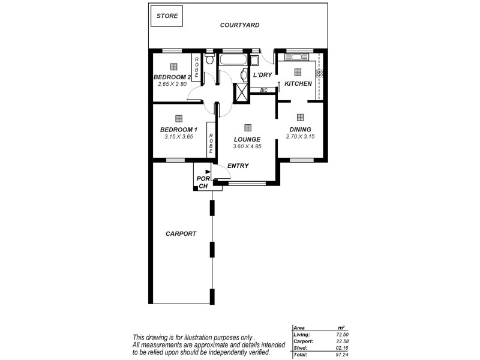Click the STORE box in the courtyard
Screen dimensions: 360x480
click(x=167, y=17)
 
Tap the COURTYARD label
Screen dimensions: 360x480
click(x=239, y=25)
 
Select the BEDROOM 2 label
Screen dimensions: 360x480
click(x=172, y=77)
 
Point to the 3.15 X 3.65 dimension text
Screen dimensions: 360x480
click(x=178, y=137)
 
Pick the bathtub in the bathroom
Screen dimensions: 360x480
click(x=232, y=59)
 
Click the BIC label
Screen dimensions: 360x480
click(x=264, y=90)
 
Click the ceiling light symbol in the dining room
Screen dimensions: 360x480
click(x=300, y=117)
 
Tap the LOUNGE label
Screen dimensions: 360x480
click(x=247, y=139)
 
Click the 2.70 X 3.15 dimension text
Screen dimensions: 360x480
click(x=300, y=137)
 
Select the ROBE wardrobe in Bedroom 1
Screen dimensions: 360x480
click(x=211, y=140)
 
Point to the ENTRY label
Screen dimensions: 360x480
click(x=238, y=166)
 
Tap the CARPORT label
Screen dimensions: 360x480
click(x=181, y=234)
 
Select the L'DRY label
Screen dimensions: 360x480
click(x=263, y=75)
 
